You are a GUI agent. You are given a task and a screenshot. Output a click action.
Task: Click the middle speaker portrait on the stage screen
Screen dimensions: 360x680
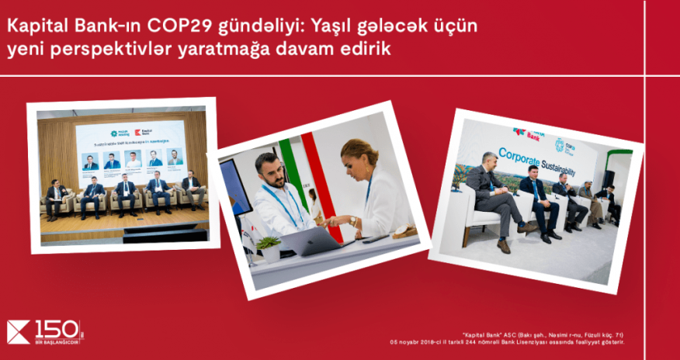(133, 161)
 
